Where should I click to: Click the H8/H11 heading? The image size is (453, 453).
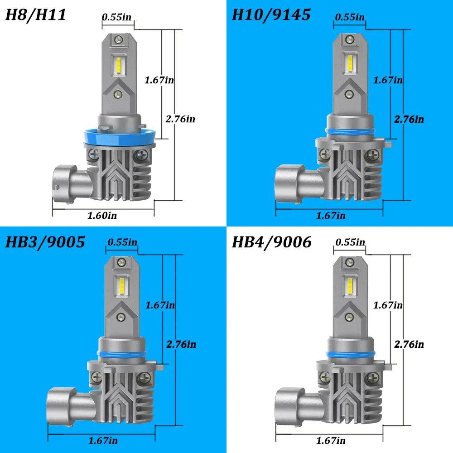click(36, 15)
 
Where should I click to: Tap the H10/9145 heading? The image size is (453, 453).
click(271, 15)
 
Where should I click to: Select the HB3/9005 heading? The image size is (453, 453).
click(45, 242)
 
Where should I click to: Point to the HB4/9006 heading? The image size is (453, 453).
click(271, 242)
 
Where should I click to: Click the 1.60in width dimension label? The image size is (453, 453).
click(102, 216)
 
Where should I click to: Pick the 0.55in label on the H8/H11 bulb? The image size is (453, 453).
click(116, 17)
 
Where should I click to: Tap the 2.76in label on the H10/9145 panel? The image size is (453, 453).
click(409, 119)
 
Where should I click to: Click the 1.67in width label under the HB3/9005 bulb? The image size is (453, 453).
click(103, 441)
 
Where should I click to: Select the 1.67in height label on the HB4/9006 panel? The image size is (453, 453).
click(388, 305)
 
